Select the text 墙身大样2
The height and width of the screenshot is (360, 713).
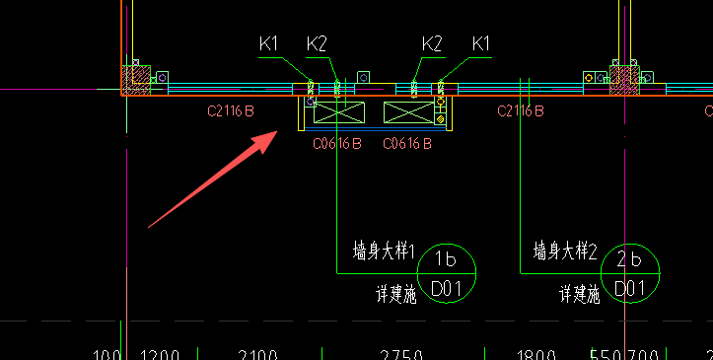(x=566, y=251)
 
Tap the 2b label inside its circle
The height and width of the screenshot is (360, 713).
(x=629, y=260)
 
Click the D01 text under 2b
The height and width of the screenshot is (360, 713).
(x=629, y=288)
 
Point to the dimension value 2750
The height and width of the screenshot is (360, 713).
(x=401, y=354)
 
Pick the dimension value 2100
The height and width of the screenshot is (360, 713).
(x=258, y=354)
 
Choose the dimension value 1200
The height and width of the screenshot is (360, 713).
(x=161, y=354)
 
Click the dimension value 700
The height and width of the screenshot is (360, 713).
(x=645, y=354)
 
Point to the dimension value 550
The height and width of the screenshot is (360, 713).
(x=604, y=354)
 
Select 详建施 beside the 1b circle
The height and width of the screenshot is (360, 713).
(x=394, y=293)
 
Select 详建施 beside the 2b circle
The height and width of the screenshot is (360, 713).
(x=580, y=293)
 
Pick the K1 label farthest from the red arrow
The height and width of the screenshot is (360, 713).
(x=481, y=43)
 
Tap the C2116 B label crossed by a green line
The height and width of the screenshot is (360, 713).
(x=521, y=110)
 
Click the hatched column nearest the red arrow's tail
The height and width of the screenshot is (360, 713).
(x=134, y=80)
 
